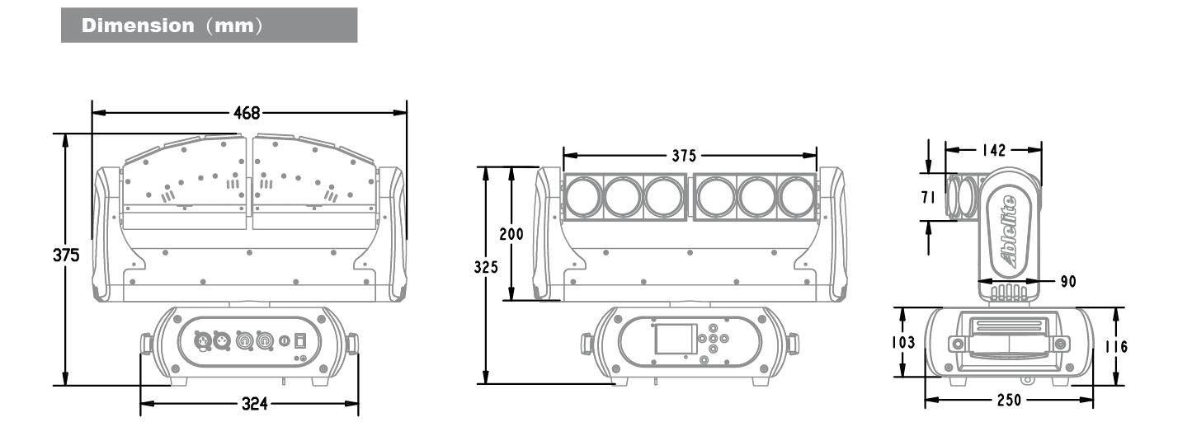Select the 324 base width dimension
tap(250, 404)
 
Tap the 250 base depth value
tap(1008, 401)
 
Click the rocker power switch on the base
tap(302, 339)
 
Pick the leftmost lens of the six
tap(584, 198)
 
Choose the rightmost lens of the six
tap(797, 198)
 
